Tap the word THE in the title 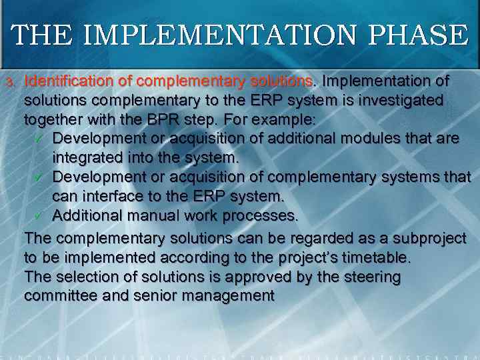(x=38, y=35)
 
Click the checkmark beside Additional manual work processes (x=39, y=216)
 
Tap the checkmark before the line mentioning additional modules (x=39, y=139)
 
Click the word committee (x=57, y=296)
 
